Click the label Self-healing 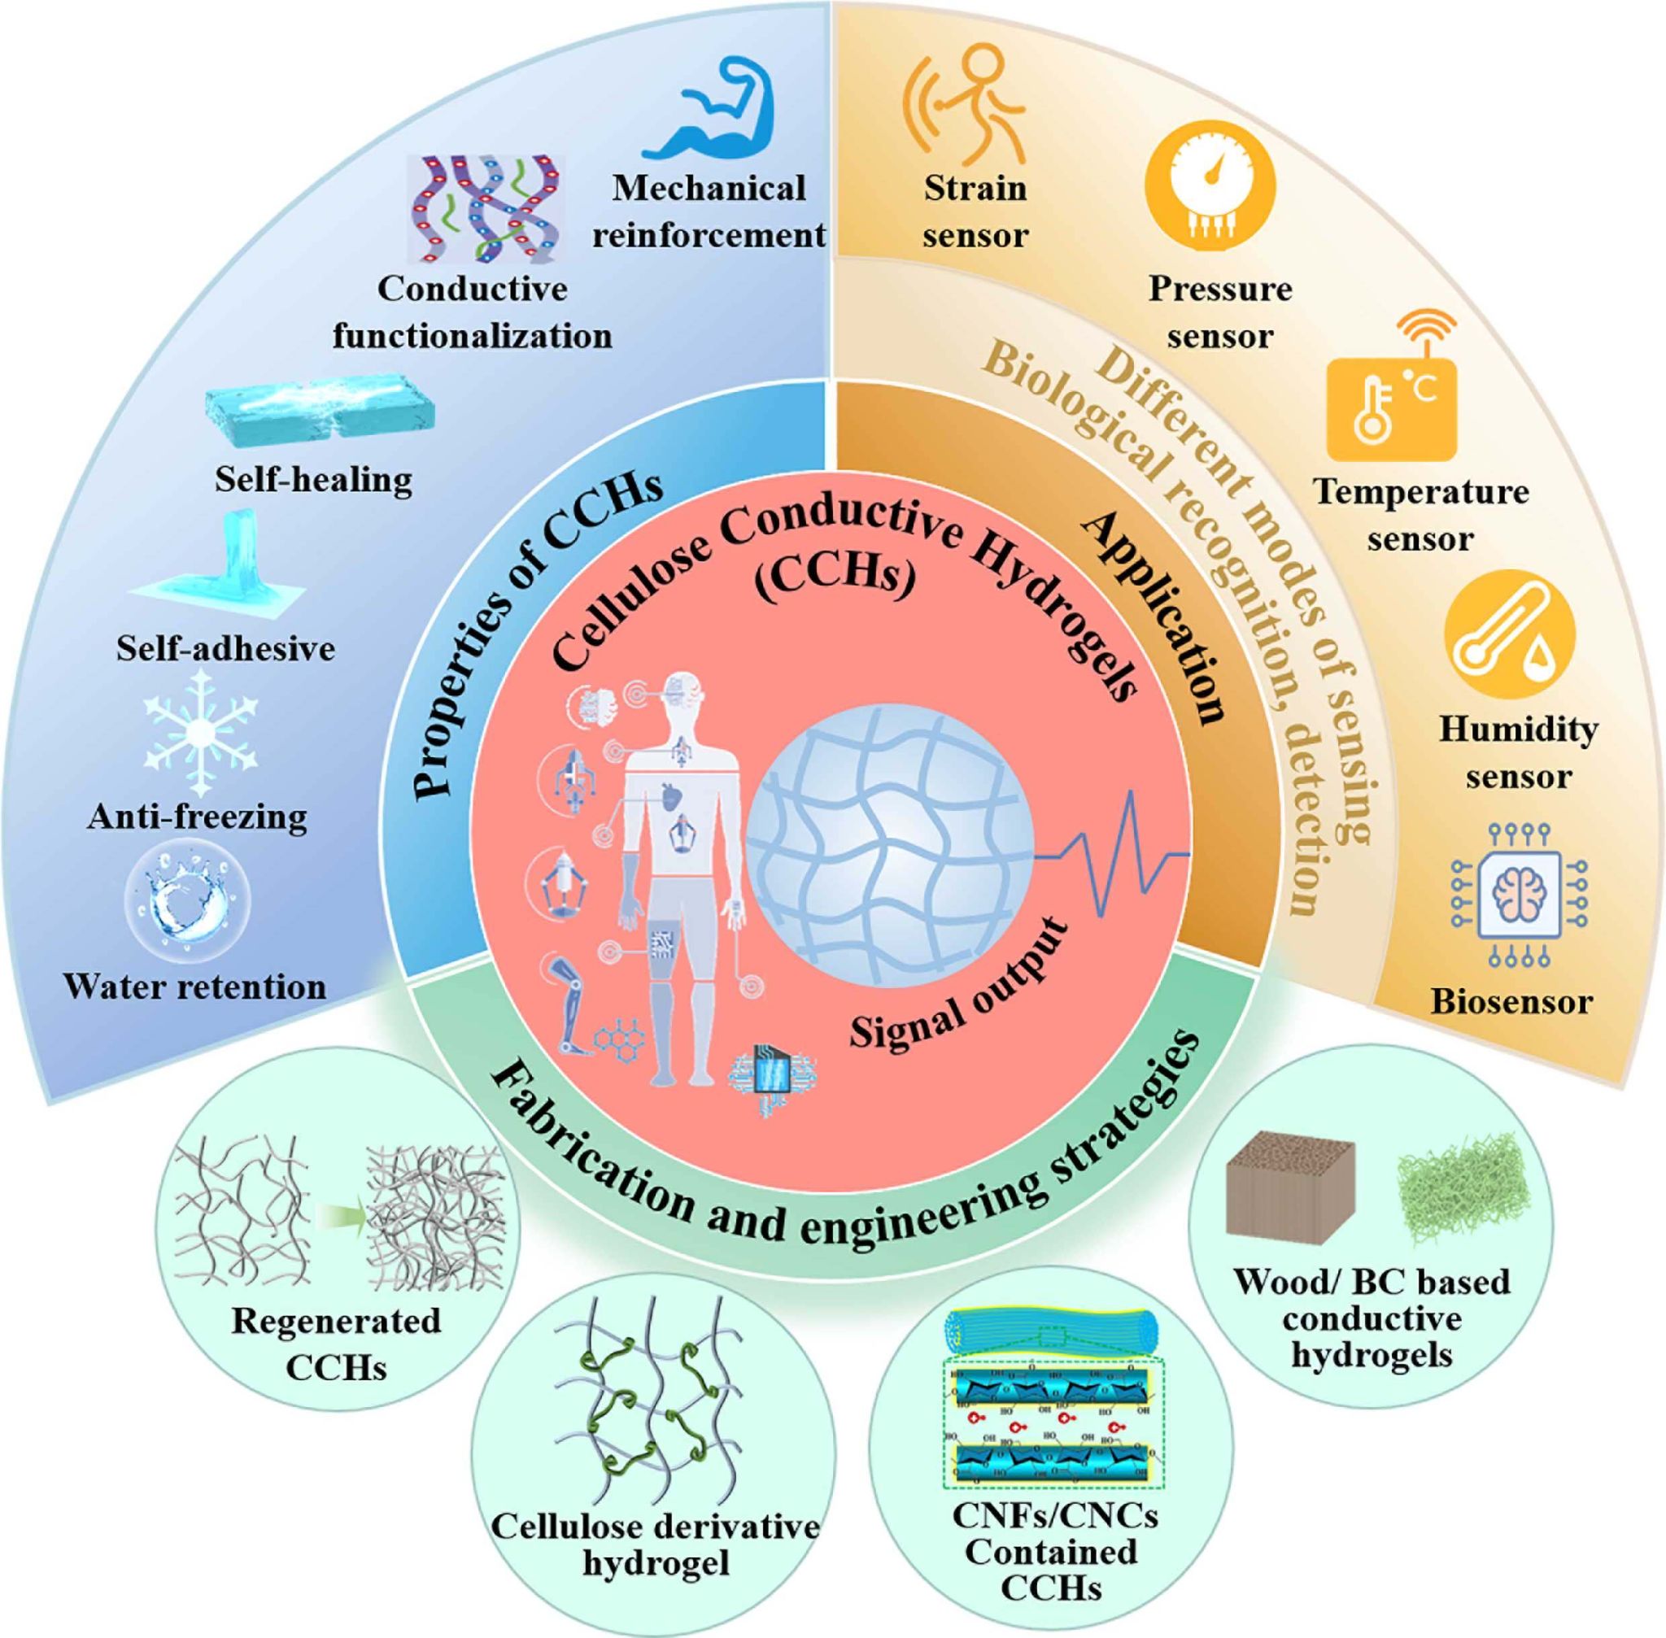point(313,480)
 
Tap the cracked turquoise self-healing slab point(321,411)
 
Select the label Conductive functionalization point(473,312)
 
